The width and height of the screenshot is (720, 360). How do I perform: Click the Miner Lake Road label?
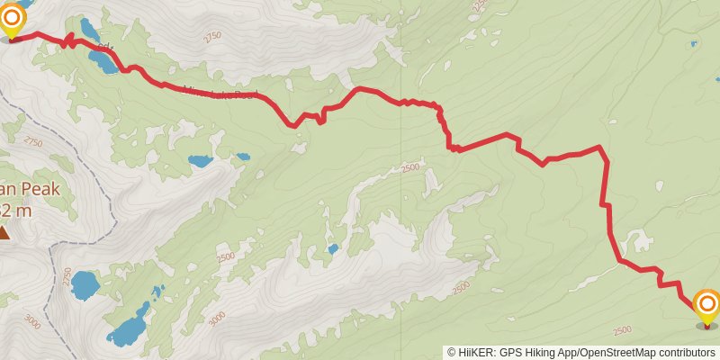point(220,92)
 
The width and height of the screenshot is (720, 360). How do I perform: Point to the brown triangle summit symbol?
point(4,233)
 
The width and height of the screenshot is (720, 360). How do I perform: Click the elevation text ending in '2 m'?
point(16,211)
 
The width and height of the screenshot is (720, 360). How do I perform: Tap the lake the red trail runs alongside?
point(101,62)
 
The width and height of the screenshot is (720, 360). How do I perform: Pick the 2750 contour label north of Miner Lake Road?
point(212,37)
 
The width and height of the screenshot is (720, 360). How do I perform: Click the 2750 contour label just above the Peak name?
point(33,142)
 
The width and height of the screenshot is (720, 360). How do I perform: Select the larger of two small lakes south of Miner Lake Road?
point(200,162)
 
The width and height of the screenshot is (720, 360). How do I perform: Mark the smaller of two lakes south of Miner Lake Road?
point(242,157)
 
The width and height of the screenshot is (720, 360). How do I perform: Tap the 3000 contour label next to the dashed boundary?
point(33,321)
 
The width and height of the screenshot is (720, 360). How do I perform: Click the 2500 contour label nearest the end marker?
point(621,330)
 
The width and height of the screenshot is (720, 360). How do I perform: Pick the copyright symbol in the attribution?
point(452,353)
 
